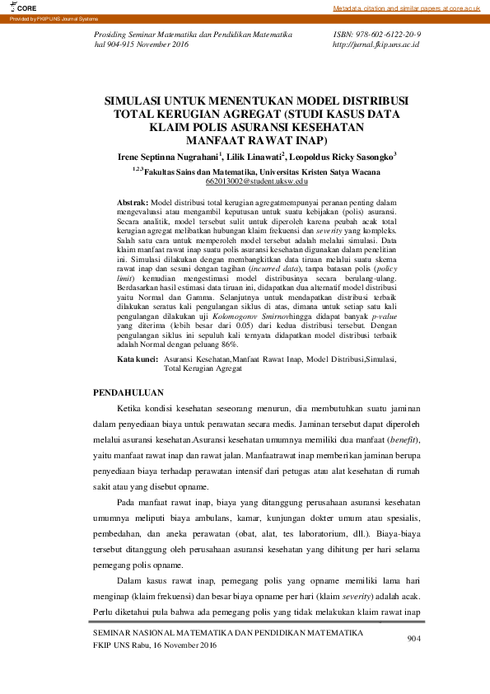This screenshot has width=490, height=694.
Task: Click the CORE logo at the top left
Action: coord(18,7)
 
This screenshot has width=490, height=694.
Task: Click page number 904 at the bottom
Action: coord(413,639)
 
